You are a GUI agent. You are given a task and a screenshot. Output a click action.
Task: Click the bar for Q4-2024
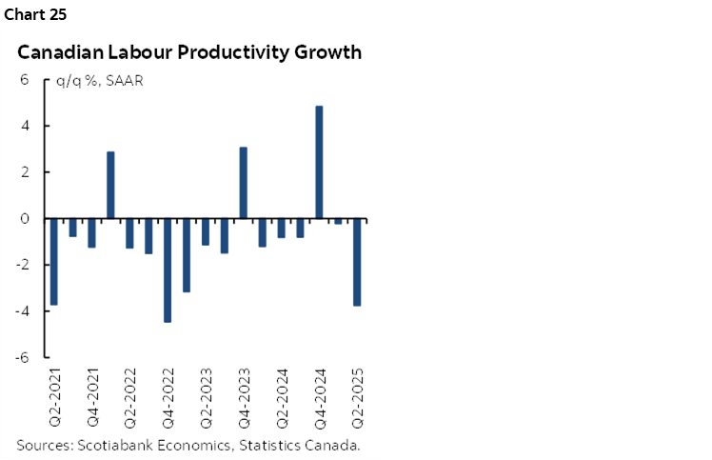point(319,162)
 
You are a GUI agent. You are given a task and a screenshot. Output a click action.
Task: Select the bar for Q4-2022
point(168,270)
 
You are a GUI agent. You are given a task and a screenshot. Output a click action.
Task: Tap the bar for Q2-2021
point(54,262)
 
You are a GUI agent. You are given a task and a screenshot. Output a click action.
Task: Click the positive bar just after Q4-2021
point(110,185)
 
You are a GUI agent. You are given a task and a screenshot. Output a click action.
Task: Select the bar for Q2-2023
point(206,231)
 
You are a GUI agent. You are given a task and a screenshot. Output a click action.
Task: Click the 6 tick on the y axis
point(26,80)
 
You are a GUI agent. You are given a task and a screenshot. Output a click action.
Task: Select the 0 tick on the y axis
point(26,219)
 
